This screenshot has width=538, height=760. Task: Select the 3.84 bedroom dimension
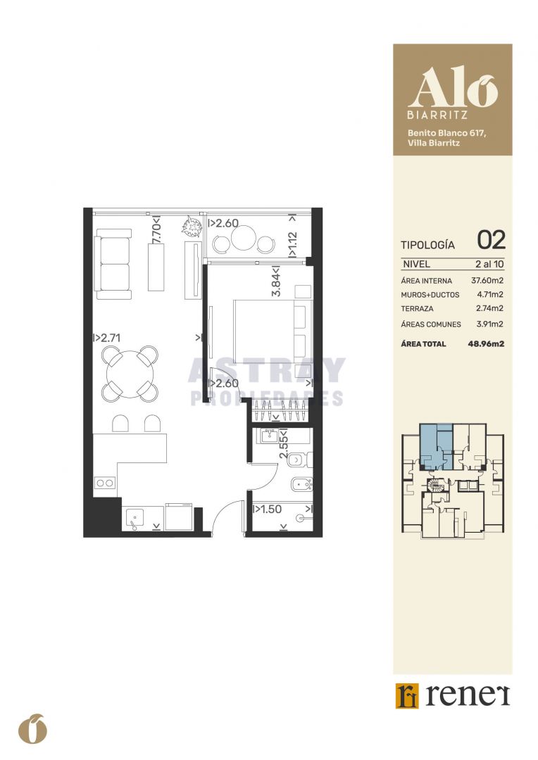point(277,281)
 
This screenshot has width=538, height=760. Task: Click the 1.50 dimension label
point(268,509)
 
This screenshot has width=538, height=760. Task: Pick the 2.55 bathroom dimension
point(284,443)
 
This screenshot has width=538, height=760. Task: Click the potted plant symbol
point(192,227)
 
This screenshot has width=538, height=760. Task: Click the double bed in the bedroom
point(273,329)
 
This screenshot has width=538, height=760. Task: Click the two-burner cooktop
point(105,483)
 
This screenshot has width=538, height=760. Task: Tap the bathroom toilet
point(299,459)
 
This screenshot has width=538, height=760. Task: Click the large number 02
point(491,240)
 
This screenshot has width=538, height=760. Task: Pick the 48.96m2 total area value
point(486,344)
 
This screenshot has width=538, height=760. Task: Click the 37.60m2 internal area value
point(487,281)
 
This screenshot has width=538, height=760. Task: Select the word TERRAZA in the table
point(417,309)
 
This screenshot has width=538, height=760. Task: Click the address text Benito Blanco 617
point(446,133)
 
